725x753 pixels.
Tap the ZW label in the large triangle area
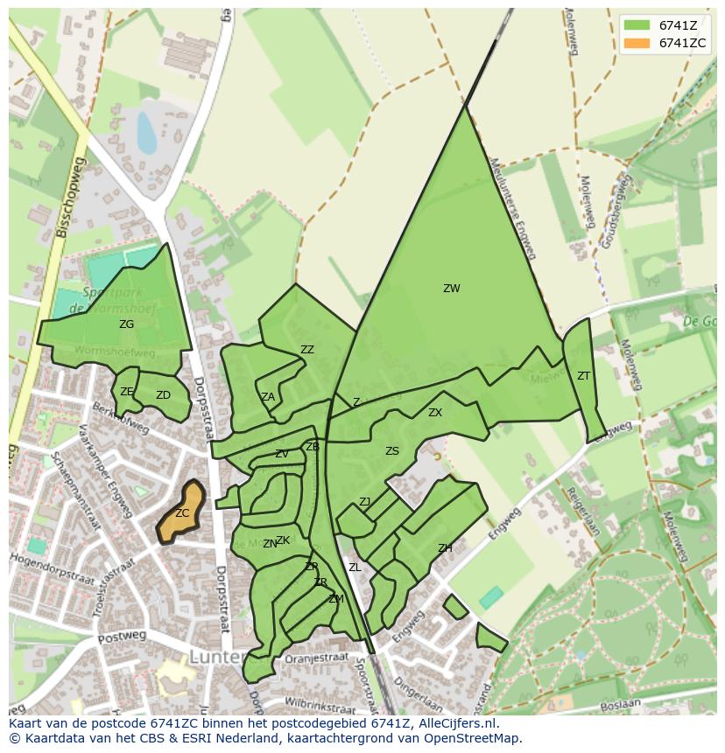[x=451, y=289]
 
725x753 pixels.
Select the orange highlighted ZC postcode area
[x=181, y=512]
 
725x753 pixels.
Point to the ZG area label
[x=127, y=324]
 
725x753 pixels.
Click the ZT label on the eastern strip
[x=583, y=376]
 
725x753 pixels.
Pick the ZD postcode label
[x=163, y=395]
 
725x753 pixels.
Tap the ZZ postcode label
[x=306, y=350]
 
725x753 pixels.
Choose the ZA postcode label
[x=268, y=397]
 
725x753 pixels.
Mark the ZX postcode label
[x=434, y=413]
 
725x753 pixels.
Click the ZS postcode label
[x=391, y=451]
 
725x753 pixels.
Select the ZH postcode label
[x=445, y=548]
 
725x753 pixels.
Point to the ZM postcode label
[x=335, y=599]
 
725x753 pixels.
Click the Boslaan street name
[x=621, y=703]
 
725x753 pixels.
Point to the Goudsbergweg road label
[x=613, y=210]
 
